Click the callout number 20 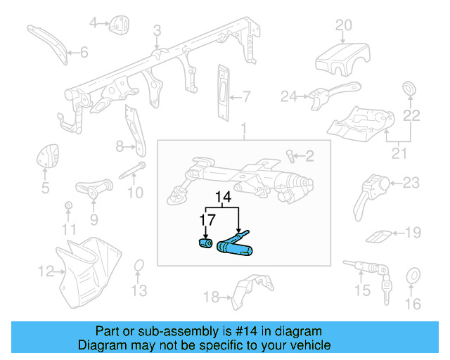click(343, 26)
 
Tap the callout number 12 click(46, 270)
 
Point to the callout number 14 click(223, 198)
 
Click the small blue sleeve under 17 click(205, 244)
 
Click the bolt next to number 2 click(290, 154)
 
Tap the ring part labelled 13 click(139, 266)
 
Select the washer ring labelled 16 click(413, 276)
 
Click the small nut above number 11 click(68, 205)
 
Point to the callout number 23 click(411, 184)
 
